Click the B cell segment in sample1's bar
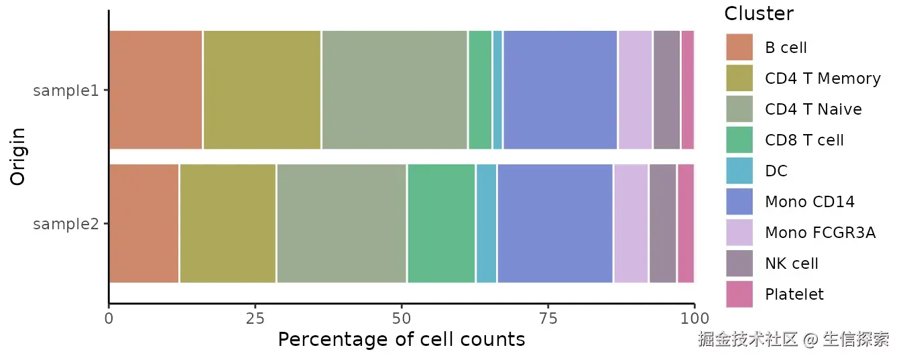coord(156,90)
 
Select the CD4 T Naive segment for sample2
coord(342,223)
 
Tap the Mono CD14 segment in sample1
coord(560,90)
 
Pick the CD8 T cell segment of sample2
coord(441,223)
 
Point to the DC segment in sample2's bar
coord(487,223)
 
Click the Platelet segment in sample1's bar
coord(688,90)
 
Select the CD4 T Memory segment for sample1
coord(262,90)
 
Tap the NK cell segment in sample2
coord(662,223)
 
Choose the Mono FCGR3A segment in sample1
coord(635,90)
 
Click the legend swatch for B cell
coord(739,48)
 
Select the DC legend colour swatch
coord(739,171)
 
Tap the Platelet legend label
coord(794,294)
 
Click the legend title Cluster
coord(759,13)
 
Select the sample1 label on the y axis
coord(66,90)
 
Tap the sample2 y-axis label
coord(66,223)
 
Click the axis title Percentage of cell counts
coord(401,339)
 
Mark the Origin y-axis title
coord(18,156)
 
